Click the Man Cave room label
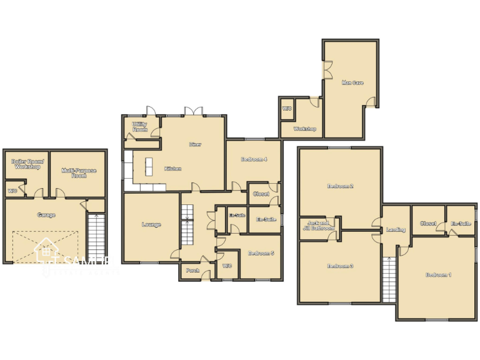(352, 82)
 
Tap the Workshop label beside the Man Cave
(304, 129)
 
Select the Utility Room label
(140, 127)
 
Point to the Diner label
(195, 144)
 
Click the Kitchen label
(173, 169)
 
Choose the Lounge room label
(151, 225)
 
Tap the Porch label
(192, 271)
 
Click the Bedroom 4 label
(254, 159)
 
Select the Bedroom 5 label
(261, 253)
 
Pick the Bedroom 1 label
(439, 275)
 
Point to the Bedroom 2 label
(341, 186)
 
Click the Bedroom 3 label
(341, 266)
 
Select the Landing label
(396, 229)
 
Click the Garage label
(46, 215)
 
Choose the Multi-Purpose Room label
(78, 172)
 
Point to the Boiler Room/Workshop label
(26, 164)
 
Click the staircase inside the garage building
(96, 238)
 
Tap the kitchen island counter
(149, 167)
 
